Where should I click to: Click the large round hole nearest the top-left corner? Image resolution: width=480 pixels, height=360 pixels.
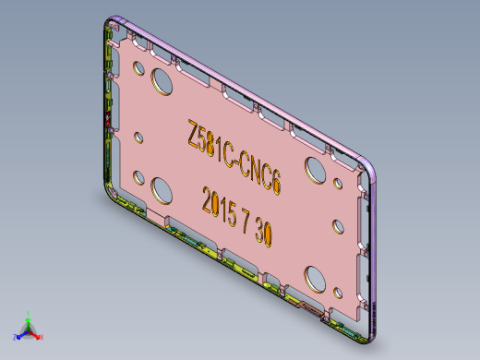point(162,79)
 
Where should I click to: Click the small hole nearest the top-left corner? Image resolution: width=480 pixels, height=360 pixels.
point(138,67)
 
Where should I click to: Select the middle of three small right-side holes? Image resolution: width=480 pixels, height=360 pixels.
point(336,223)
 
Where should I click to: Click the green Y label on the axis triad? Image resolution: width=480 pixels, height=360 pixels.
point(29,312)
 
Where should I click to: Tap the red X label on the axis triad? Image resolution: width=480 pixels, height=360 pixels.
point(42,337)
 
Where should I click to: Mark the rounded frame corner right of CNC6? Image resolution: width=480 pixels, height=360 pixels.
point(373,168)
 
